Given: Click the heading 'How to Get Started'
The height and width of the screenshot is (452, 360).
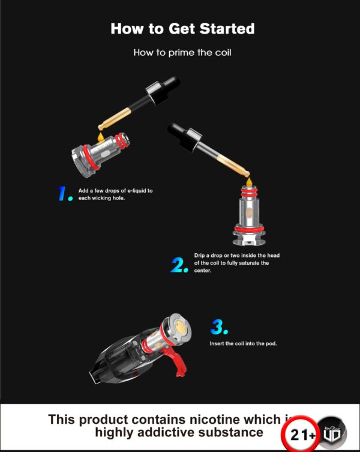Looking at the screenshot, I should coord(182,29).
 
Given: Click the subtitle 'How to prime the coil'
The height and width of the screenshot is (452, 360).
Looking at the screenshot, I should coord(182,52).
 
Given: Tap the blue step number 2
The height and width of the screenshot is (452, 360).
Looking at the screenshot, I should coord(179,265).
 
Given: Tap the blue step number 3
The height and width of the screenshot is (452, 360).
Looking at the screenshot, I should coord(219,327).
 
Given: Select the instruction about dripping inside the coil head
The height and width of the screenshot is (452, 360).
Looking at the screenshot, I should coord(236,262).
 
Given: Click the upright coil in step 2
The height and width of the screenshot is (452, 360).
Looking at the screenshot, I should coord(252,216).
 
